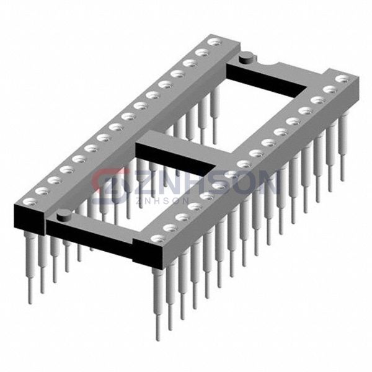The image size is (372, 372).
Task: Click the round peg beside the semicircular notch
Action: click(247, 58)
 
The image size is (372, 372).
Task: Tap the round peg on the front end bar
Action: click(64, 215)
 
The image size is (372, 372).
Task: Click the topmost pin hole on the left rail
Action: click(215, 42)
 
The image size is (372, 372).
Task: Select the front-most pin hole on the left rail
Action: click(30, 202)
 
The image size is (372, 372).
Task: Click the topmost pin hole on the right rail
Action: click(343, 79)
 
